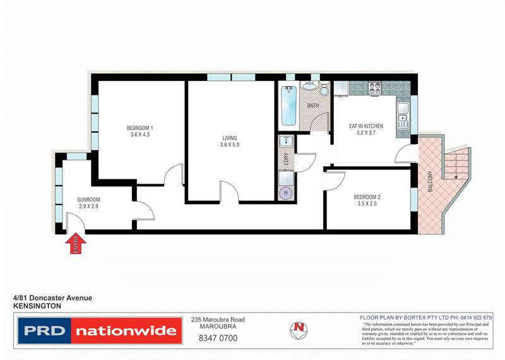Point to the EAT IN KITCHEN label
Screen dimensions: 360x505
(x=367, y=126)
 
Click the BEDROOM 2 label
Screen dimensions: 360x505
(x=367, y=196)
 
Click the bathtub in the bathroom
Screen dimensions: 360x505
(x=290, y=105)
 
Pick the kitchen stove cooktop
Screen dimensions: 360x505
(x=373, y=88)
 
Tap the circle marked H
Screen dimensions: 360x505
(x=286, y=193)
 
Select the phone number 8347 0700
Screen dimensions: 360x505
(x=218, y=338)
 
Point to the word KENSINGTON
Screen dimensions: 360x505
(x=37, y=305)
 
